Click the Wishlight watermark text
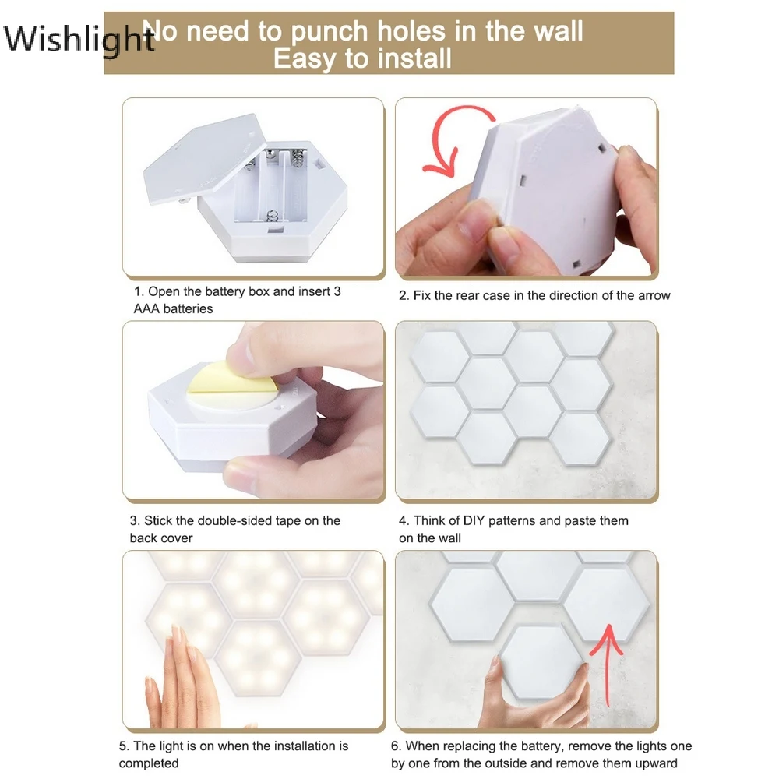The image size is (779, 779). pos(79,39)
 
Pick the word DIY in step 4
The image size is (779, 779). pos(474,520)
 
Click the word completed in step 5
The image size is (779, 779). pos(149,763)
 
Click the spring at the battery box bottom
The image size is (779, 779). pos(272,217)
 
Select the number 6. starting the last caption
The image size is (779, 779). pos(396,746)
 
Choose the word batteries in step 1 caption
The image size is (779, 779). pos(188,308)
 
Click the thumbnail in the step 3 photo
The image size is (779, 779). pos(241,358)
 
